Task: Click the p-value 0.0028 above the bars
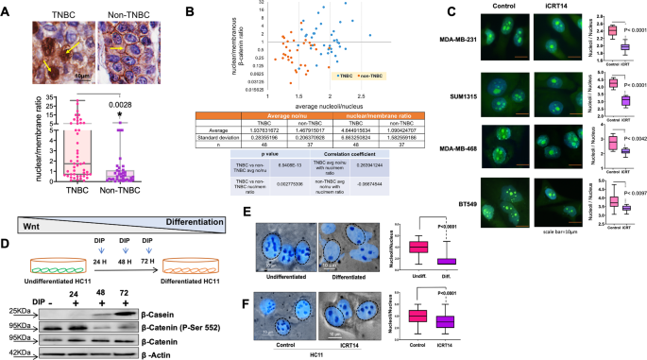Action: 121,105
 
